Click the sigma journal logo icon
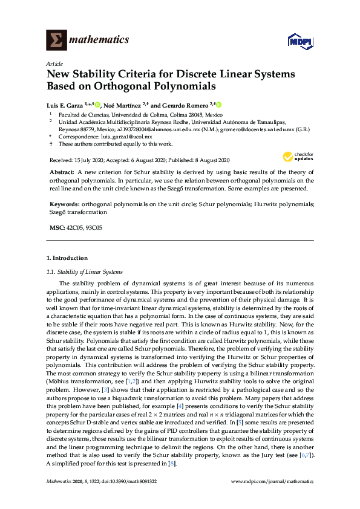click(56, 40)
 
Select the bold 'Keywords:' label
click(64, 205)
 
